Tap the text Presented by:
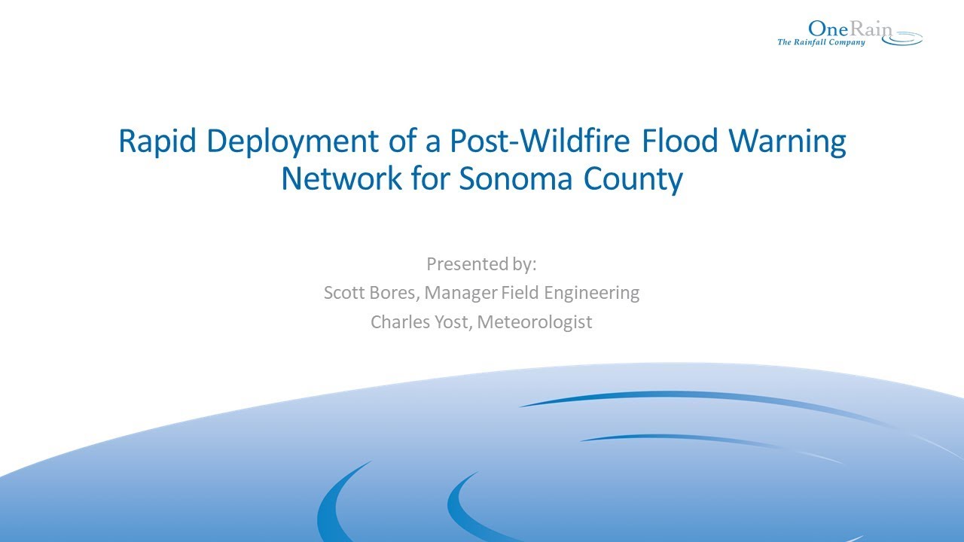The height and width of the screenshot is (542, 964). tap(480, 264)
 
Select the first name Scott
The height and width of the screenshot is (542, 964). tap(344, 293)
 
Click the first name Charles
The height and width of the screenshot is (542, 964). tap(398, 322)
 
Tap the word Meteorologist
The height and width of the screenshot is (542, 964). tap(535, 323)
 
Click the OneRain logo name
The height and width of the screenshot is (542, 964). tap(850, 29)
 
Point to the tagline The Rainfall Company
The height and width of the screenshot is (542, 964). tap(821, 42)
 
